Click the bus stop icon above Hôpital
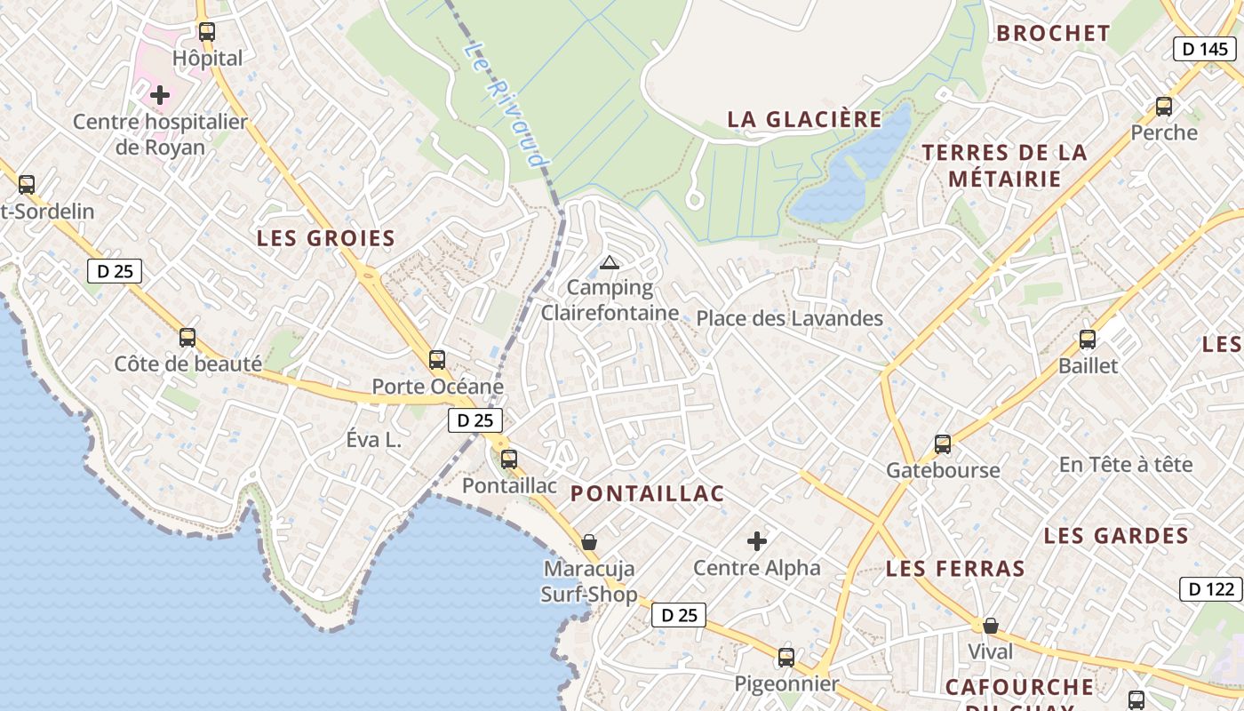click(207, 32)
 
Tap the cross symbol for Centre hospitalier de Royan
click(160, 94)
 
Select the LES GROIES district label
click(326, 238)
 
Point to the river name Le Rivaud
click(504, 105)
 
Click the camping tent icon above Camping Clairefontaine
click(609, 262)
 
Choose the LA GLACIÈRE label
click(805, 119)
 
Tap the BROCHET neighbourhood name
click(1053, 34)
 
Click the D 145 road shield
click(1206, 49)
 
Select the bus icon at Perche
click(1164, 107)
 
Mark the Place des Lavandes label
click(789, 318)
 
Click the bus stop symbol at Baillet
click(1088, 340)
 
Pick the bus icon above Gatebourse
click(943, 443)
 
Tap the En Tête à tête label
click(1125, 465)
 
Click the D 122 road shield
click(1211, 588)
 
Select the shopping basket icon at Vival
click(991, 626)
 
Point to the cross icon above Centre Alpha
click(757, 540)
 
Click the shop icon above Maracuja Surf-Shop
click(589, 542)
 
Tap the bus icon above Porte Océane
click(437, 360)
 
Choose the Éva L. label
click(374, 440)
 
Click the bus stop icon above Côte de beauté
click(187, 338)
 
